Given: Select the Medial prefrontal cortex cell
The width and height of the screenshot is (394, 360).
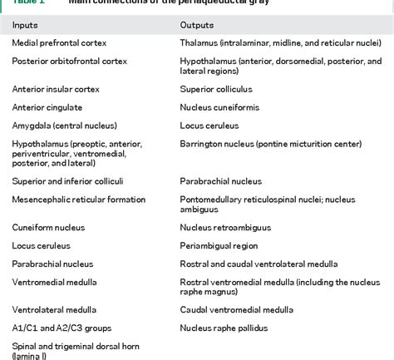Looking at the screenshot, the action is click(x=59, y=42).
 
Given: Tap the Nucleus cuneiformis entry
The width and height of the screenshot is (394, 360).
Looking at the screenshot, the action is click(x=218, y=107).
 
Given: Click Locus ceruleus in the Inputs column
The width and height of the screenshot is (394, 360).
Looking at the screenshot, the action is click(x=41, y=246).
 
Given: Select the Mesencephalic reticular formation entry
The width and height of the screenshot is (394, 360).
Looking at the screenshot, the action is click(x=79, y=200).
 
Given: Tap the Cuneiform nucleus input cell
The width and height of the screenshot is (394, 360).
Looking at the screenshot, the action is click(x=46, y=227).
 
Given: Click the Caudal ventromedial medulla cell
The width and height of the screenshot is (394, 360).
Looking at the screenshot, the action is click(x=236, y=309).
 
